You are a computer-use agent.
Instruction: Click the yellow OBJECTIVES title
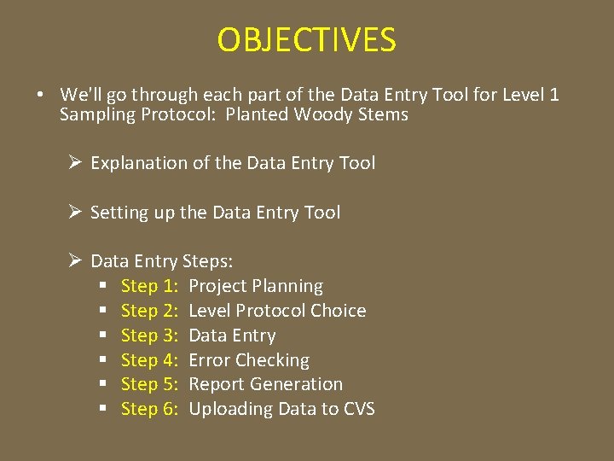pyautogui.click(x=306, y=40)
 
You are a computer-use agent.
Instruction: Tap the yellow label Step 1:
pyautogui.click(x=149, y=286)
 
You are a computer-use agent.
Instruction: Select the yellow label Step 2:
pyautogui.click(x=149, y=311)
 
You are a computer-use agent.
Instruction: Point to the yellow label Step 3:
pyautogui.click(x=149, y=336)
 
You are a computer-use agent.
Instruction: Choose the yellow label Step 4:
pyautogui.click(x=149, y=360)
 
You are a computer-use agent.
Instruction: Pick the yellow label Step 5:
pyautogui.click(x=149, y=384)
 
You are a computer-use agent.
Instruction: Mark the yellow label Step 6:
pyautogui.click(x=149, y=409)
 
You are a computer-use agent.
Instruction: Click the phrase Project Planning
pyautogui.click(x=256, y=286)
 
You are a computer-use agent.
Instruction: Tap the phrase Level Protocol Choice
pyautogui.click(x=277, y=311)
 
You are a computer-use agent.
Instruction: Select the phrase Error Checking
pyautogui.click(x=249, y=360)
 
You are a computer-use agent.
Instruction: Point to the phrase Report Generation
pyautogui.click(x=265, y=384)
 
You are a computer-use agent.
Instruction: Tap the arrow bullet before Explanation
pyautogui.click(x=76, y=163)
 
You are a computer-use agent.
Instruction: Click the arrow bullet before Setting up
pyautogui.click(x=76, y=213)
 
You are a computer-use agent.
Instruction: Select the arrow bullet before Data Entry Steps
pyautogui.click(x=76, y=261)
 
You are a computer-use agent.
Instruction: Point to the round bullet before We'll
pyautogui.click(x=41, y=95)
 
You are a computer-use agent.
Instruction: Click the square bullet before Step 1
pyautogui.click(x=104, y=287)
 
